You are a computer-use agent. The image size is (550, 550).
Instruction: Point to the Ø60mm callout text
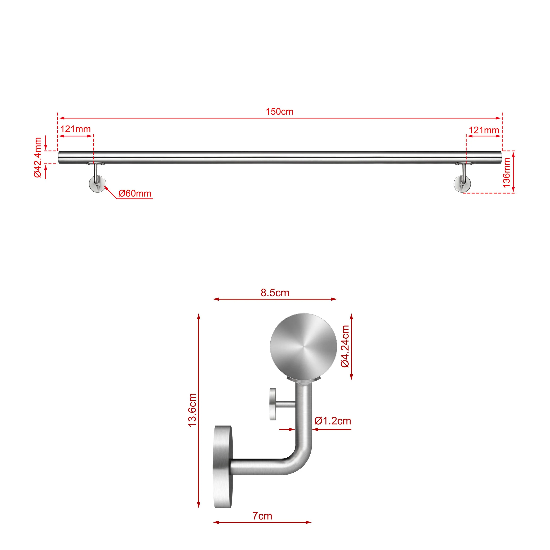pos(135,194)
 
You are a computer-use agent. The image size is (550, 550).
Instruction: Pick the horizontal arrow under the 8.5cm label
pos(275,299)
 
